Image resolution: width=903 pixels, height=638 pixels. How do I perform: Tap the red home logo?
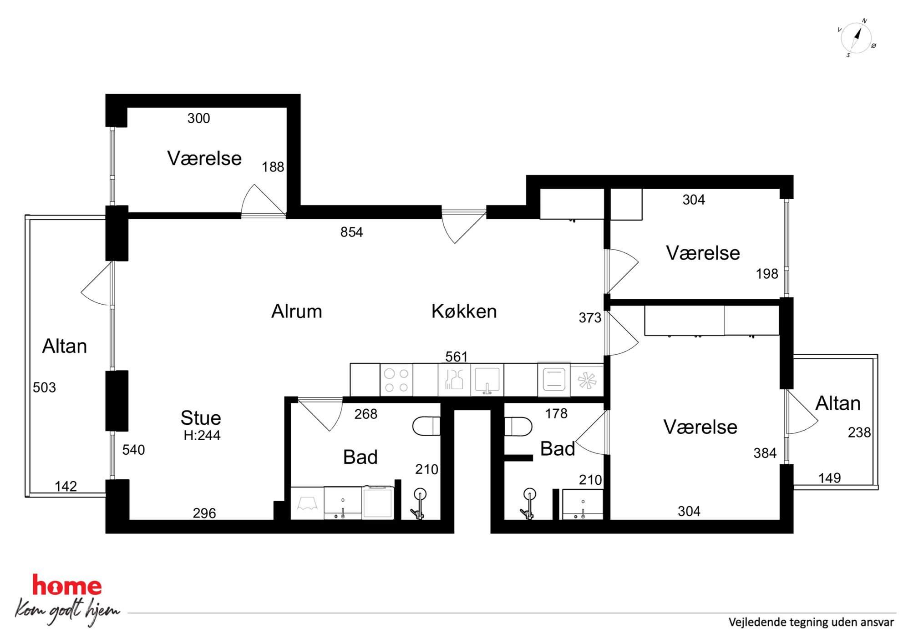point(67,586)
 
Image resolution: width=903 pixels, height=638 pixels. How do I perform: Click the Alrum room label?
point(297,311)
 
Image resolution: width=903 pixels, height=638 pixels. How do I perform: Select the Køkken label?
point(464,311)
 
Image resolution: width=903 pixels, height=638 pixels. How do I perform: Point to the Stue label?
point(201,418)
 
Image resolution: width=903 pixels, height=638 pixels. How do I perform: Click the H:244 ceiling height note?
point(202,435)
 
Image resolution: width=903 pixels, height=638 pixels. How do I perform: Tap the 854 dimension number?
point(351,232)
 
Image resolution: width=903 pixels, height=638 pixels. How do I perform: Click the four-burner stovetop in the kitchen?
point(396,380)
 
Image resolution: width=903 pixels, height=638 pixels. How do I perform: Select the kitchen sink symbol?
point(487,380)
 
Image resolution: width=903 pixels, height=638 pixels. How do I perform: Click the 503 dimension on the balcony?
point(44,387)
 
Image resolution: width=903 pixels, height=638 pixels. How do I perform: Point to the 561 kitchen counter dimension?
point(457,357)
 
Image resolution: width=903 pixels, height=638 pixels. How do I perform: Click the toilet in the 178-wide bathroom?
point(518,427)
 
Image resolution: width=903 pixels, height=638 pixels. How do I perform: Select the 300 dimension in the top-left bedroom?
point(198,118)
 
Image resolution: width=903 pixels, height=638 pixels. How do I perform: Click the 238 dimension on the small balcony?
point(859,432)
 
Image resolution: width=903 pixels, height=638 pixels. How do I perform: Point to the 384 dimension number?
point(765,453)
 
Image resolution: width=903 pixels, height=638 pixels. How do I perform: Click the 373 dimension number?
point(590,317)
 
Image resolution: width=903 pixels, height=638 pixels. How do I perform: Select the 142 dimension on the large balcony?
point(66,486)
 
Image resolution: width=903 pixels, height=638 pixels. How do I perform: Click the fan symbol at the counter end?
point(587,381)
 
